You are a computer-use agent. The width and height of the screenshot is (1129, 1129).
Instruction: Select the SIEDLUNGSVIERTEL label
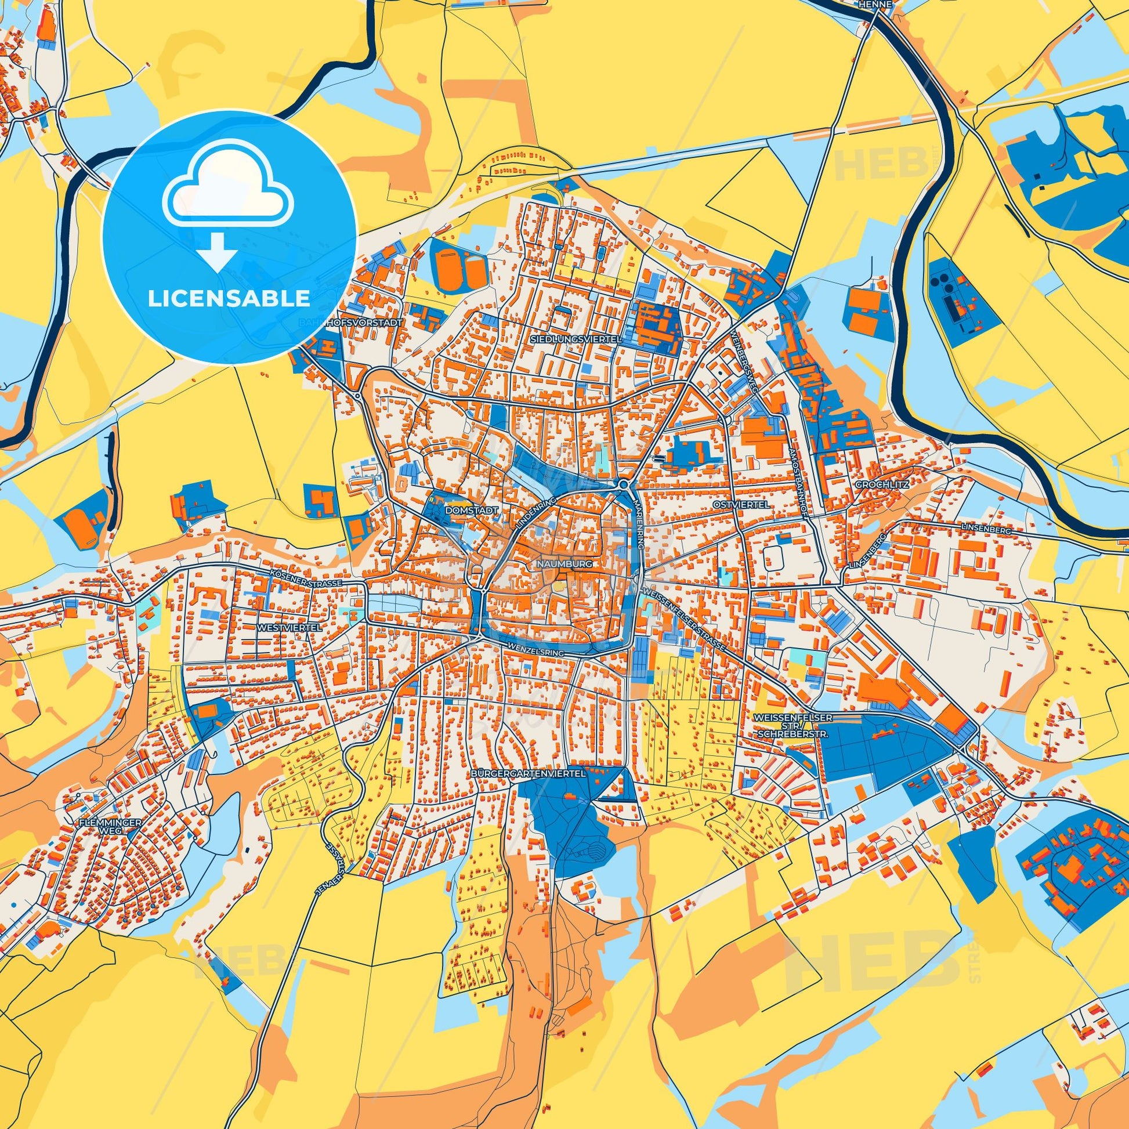click(x=576, y=338)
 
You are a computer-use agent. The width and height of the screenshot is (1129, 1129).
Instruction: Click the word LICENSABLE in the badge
click(x=229, y=298)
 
